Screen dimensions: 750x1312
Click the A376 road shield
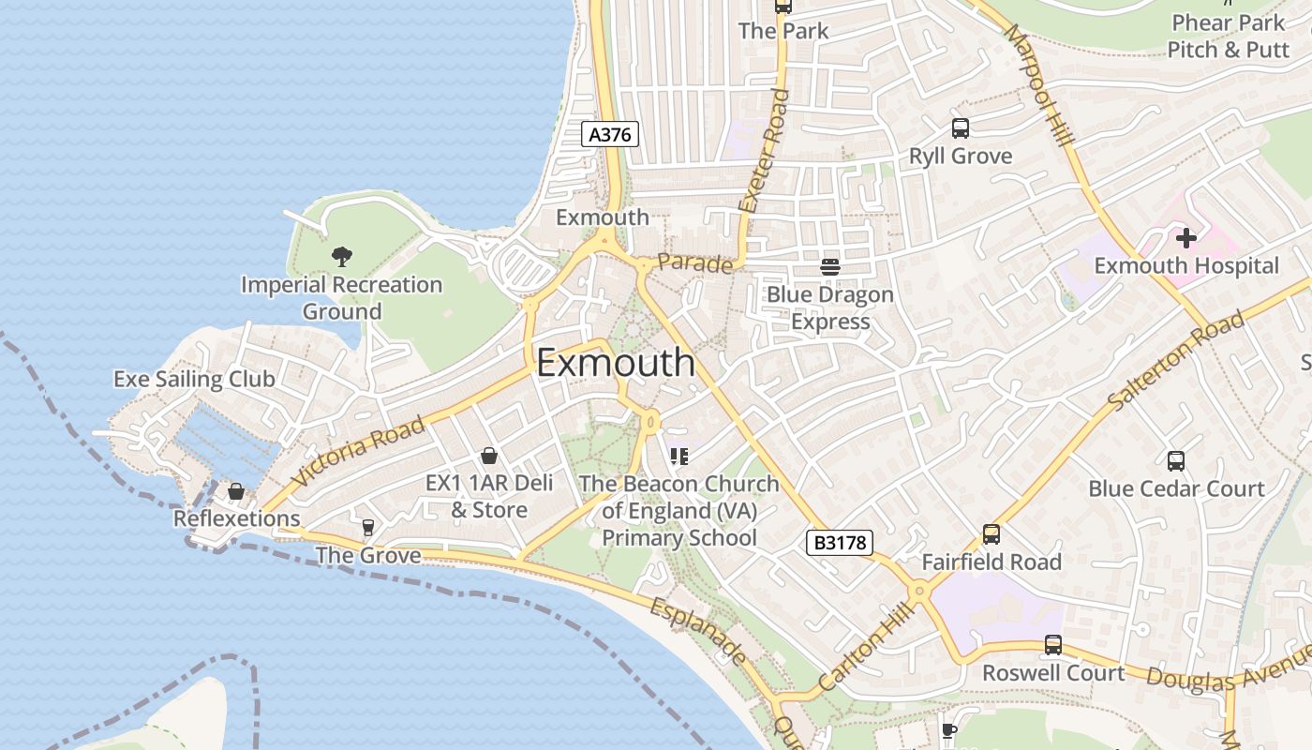610,134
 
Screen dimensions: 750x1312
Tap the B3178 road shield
839,542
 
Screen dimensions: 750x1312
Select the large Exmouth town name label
616,363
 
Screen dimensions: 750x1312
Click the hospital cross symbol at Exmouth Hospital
1186,238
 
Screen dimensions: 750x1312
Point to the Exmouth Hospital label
1186,266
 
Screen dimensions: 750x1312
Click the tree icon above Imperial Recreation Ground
342,256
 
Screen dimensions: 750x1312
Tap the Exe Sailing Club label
194,379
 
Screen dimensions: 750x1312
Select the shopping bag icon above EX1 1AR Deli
489,457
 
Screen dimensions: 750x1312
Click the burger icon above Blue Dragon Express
830,267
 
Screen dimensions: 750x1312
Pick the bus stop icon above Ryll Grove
961,128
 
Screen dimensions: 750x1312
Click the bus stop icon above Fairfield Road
991,534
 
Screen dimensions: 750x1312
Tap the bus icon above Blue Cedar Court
1176,461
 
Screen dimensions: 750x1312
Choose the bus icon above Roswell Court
1053,645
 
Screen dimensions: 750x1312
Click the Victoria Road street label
358,451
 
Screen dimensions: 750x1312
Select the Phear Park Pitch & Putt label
1229,36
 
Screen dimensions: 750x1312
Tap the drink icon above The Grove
368,528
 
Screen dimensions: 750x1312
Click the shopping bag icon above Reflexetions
236,491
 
